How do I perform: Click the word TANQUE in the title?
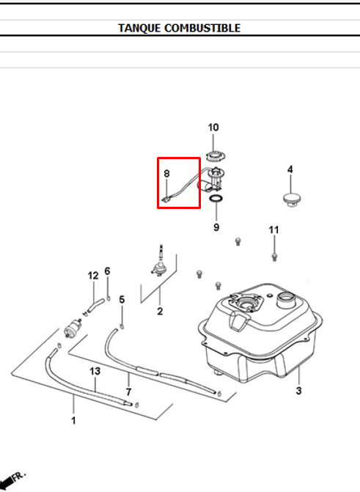(x=139, y=29)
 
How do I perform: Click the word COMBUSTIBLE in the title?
(x=202, y=28)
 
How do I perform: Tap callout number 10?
(x=213, y=128)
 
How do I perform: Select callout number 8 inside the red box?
(x=166, y=174)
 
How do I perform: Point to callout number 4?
(x=290, y=169)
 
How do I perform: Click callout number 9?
(x=216, y=227)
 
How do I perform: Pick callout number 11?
(x=273, y=230)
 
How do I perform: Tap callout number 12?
(x=93, y=276)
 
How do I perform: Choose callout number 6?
(x=107, y=271)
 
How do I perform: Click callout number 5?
(x=122, y=299)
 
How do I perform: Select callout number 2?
(x=160, y=312)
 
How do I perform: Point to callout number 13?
(x=95, y=371)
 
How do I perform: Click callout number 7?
(x=129, y=392)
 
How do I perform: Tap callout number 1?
(x=73, y=420)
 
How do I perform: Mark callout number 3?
(x=298, y=391)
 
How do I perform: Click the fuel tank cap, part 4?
(x=292, y=199)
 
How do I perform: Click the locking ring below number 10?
(x=216, y=155)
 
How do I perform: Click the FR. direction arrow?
(x=12, y=480)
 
